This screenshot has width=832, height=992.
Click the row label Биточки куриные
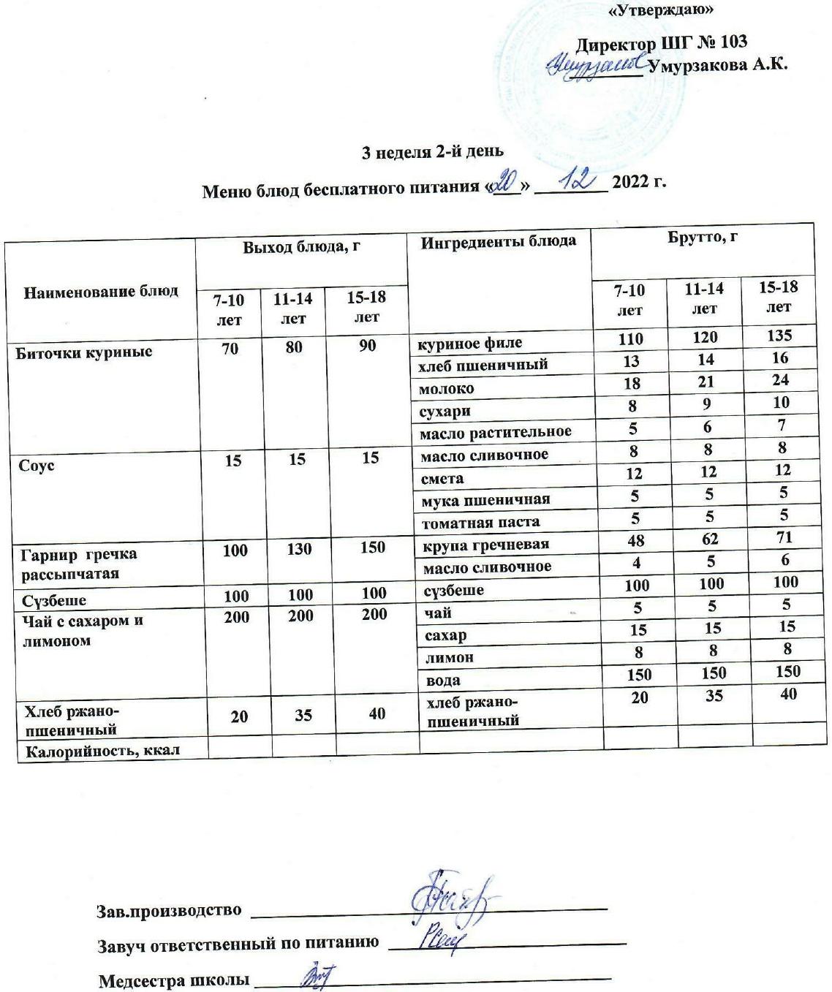tap(84, 352)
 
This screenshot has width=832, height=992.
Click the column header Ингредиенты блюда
tap(498, 241)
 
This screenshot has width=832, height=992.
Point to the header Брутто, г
tap(702, 238)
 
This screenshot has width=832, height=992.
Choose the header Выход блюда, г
tap(302, 247)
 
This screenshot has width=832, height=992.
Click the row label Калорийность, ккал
tap(102, 750)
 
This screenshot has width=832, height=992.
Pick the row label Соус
tap(37, 466)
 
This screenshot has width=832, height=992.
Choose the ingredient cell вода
tap(443, 680)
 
